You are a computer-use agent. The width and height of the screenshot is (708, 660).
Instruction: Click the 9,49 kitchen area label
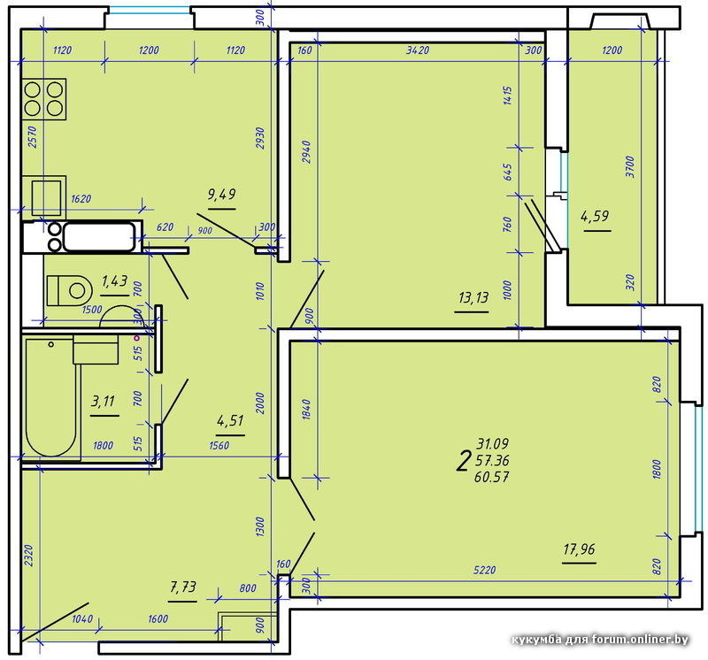[x=221, y=195]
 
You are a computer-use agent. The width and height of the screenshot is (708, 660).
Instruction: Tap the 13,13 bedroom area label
[x=473, y=297]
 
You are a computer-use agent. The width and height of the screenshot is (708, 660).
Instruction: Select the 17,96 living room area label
[x=579, y=549]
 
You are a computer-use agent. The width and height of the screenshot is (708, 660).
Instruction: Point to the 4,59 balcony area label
[x=595, y=216]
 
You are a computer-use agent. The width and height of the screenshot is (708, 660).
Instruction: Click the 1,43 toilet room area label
[x=114, y=281]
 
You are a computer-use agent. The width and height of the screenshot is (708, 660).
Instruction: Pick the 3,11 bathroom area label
[x=103, y=401]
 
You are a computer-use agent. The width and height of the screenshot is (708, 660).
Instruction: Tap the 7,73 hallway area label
[x=183, y=587]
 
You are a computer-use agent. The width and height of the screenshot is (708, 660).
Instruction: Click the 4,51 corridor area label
[x=230, y=421]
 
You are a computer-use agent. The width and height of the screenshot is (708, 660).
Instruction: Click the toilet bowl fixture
[x=70, y=290]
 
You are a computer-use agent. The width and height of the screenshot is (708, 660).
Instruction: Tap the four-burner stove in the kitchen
[x=44, y=99]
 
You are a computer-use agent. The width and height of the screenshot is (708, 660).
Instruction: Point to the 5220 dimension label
[x=484, y=570]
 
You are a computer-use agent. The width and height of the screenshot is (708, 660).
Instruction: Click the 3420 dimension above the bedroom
[x=417, y=50]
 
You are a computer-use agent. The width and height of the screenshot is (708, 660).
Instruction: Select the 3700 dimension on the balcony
[x=630, y=166]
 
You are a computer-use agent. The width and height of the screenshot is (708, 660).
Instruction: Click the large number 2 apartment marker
[x=462, y=462]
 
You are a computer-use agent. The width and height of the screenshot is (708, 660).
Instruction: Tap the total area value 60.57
[x=492, y=477]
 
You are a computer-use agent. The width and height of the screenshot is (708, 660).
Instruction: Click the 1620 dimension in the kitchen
[x=81, y=199]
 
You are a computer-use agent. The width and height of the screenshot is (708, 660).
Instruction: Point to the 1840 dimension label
[x=306, y=410]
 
